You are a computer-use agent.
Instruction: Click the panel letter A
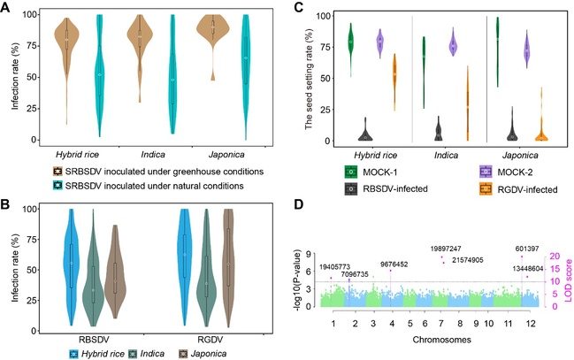click(8, 8)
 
